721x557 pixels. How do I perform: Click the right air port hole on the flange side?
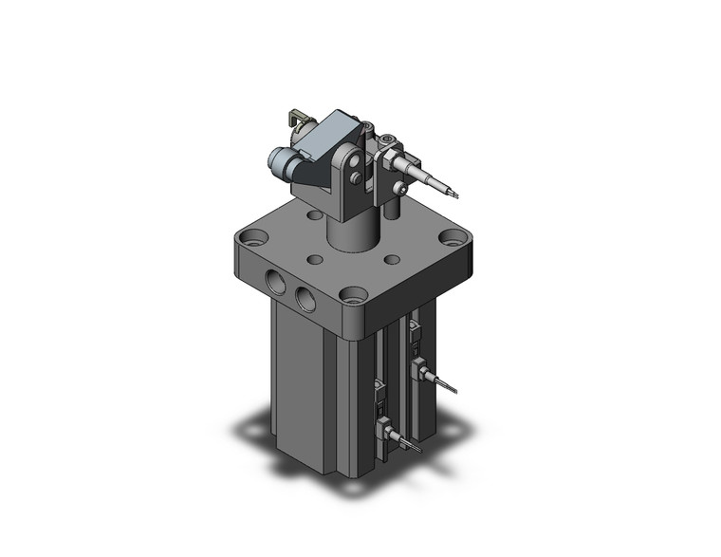[x=306, y=299]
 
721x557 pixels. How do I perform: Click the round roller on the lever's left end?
[x=281, y=160]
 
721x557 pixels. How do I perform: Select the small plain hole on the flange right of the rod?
[x=389, y=258]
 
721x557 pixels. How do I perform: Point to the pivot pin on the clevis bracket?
[x=354, y=176]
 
